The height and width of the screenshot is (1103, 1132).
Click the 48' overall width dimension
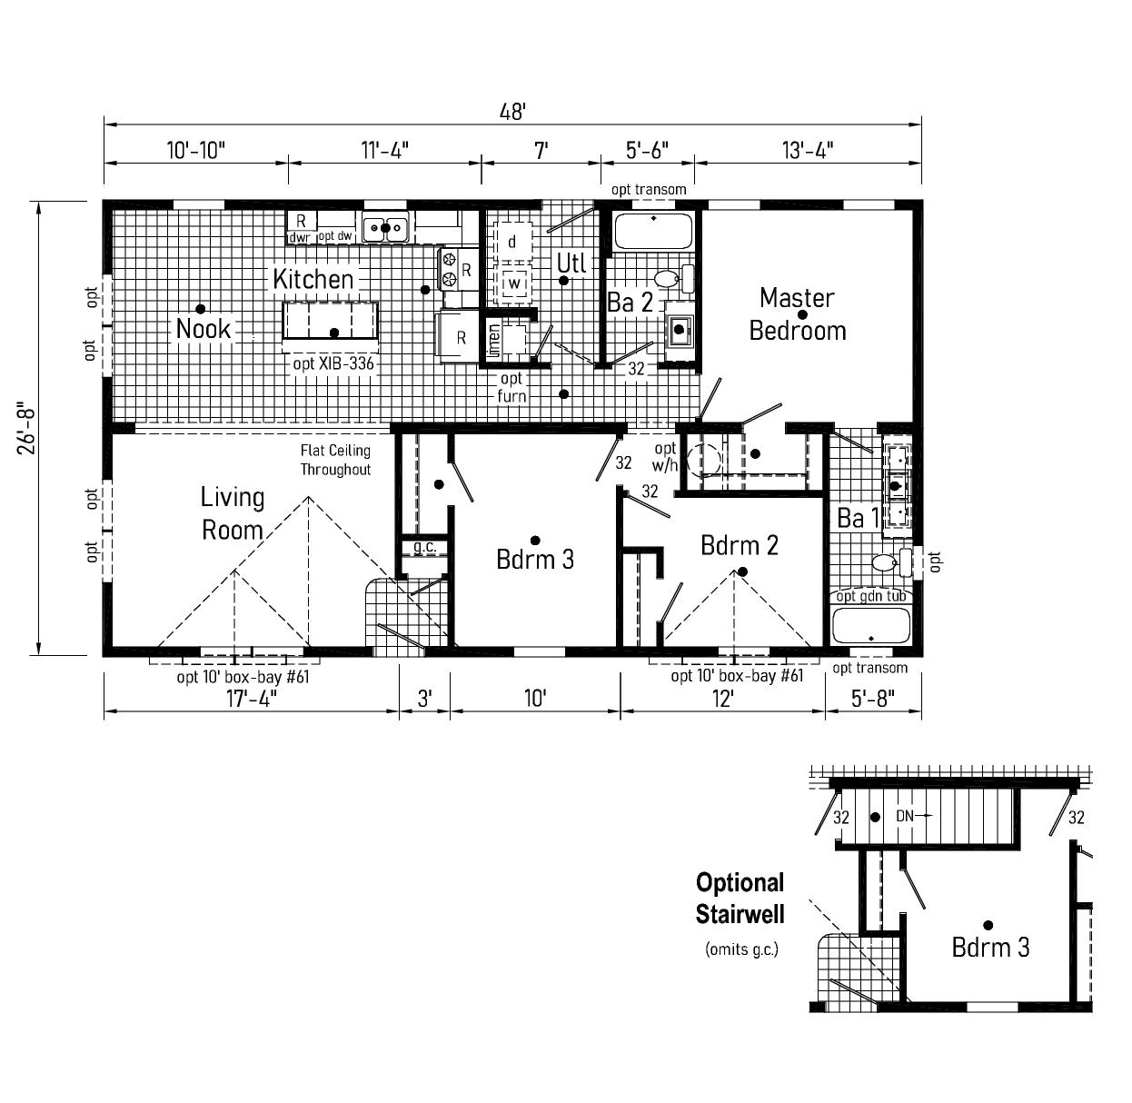click(512, 112)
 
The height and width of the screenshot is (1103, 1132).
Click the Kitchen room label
click(313, 279)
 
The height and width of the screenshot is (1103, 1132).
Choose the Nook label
click(204, 328)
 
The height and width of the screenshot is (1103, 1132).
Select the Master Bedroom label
click(797, 313)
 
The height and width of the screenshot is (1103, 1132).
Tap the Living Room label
click(233, 513)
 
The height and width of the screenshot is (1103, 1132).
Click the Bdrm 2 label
click(740, 545)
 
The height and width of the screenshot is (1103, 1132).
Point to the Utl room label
click(571, 263)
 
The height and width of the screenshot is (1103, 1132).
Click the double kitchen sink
click(385, 227)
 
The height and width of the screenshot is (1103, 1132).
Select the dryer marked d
click(512, 242)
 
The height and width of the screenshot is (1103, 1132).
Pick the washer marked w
click(514, 283)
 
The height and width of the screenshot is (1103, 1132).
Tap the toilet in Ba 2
click(667, 278)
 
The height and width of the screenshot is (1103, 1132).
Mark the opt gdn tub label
click(870, 596)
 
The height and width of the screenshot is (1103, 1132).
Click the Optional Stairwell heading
click(740, 898)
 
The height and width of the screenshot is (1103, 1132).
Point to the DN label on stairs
click(905, 817)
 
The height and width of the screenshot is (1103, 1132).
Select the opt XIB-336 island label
click(333, 363)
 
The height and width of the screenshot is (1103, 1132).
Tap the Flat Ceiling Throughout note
click(335, 461)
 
